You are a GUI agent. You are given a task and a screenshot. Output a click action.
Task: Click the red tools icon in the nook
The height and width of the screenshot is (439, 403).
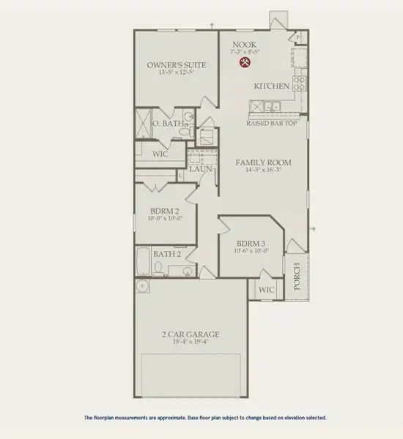tap(245, 63)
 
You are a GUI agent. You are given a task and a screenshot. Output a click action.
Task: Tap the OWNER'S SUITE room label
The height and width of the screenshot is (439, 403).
tap(176, 65)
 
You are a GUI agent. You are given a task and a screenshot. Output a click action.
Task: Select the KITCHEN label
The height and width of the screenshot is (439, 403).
tap(271, 86)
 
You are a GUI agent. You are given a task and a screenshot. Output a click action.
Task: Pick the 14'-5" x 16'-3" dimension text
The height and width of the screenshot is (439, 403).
tap(263, 170)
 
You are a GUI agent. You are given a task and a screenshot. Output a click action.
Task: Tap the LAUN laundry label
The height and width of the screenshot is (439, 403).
tap(200, 169)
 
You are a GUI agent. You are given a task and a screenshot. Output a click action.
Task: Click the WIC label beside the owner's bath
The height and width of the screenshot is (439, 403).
tap(160, 154)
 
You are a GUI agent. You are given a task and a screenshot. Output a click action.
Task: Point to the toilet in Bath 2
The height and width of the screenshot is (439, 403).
tap(175, 270)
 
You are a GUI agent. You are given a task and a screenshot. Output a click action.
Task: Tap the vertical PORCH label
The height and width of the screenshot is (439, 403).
tap(297, 277)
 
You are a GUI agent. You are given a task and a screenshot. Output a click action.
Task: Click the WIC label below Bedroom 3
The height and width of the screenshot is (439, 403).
tap(267, 290)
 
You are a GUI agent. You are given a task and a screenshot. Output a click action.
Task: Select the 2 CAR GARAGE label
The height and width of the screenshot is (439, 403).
tap(191, 335)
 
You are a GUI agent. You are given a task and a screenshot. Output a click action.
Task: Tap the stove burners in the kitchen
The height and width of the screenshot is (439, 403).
tap(300, 82)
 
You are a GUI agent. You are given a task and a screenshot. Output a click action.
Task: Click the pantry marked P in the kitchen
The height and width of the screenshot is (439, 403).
tap(299, 37)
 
